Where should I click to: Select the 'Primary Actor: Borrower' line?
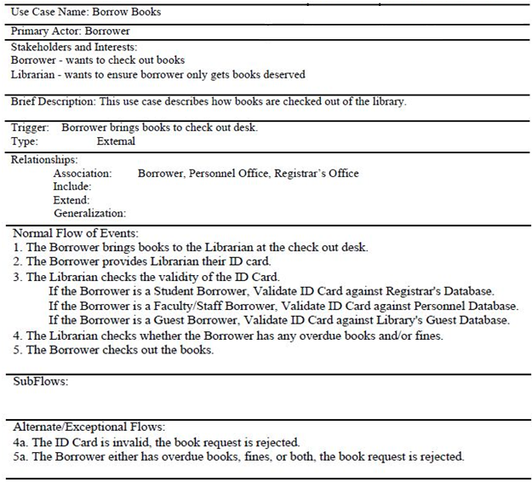tap(59, 32)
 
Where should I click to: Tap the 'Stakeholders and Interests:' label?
tap(74, 48)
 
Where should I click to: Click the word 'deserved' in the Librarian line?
tap(284, 74)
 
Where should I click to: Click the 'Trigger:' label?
tap(30, 128)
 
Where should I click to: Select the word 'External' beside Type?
tap(116, 141)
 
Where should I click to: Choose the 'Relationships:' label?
tap(44, 159)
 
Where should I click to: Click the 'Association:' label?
tap(83, 173)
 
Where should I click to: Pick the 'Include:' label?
tap(72, 186)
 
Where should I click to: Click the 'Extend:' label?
tap(72, 199)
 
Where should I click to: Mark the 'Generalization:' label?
tap(89, 213)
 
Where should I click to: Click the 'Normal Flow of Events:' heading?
tap(76, 232)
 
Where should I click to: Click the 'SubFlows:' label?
tap(41, 382)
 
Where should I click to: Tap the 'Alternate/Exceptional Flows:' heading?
tap(89, 427)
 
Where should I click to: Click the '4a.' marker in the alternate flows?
tap(21, 443)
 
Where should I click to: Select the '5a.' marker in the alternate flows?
tap(21, 456)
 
